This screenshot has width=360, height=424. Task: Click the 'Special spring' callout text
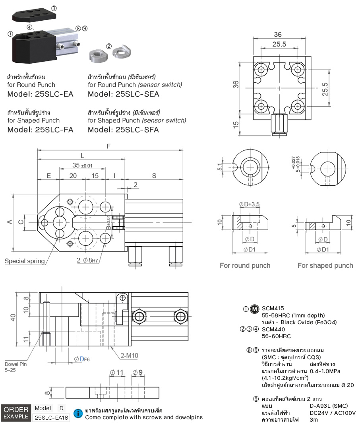pyautogui.click(x=24, y=261)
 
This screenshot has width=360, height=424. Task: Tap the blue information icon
pyautogui.click(x=79, y=414)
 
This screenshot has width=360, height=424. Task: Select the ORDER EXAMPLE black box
pyautogui.click(x=16, y=413)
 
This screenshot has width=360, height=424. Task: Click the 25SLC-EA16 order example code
pyautogui.click(x=51, y=418)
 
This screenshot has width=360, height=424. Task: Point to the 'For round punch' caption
pyautogui.click(x=245, y=265)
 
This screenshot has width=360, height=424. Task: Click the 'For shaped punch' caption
pyautogui.click(x=325, y=265)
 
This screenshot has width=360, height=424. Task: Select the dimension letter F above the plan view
pyautogui.click(x=108, y=146)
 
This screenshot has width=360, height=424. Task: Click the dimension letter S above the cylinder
pyautogui.click(x=154, y=175)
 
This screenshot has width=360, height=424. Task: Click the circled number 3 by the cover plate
pyautogui.click(x=54, y=8)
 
